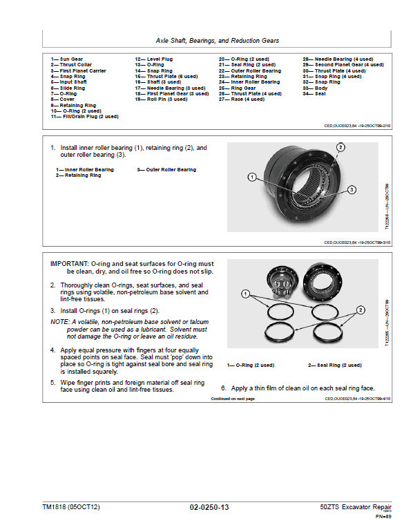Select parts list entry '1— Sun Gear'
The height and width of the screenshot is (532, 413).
[x=64, y=60]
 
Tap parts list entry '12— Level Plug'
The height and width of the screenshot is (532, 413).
[x=153, y=60]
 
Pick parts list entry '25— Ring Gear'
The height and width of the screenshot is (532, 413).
[x=237, y=88]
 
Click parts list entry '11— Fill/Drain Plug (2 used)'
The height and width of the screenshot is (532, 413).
[x=84, y=117]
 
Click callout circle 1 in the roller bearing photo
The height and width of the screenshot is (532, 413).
[x=253, y=177]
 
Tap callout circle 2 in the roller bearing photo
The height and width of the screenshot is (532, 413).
[x=340, y=147]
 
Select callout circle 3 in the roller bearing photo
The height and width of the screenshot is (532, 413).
[x=352, y=189]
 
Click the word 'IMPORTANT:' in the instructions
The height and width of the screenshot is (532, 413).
[x=68, y=264]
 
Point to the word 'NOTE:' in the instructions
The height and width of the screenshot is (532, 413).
[x=60, y=322]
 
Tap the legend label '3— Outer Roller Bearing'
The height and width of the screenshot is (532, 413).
[x=166, y=170]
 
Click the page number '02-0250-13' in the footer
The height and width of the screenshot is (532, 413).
[x=209, y=508]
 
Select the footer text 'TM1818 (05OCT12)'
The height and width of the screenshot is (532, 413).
[x=71, y=508]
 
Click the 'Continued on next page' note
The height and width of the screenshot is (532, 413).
[x=233, y=399]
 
